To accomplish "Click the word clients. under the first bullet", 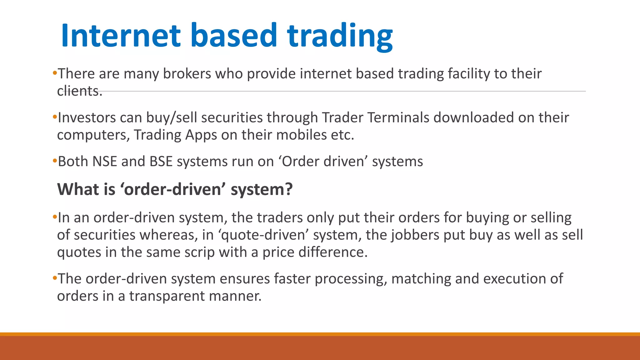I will point(80,91).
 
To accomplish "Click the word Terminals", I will point(398,118).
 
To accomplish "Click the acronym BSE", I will point(161,162).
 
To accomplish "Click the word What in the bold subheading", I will point(75,189).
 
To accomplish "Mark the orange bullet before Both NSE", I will point(55,162).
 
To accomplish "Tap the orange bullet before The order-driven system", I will point(55,278).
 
